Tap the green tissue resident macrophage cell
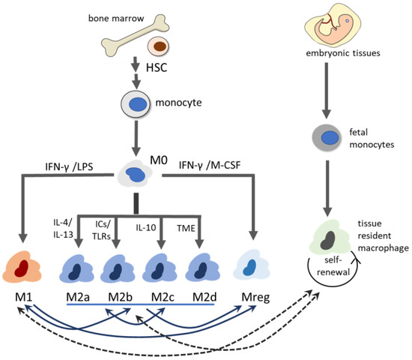(330, 238)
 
